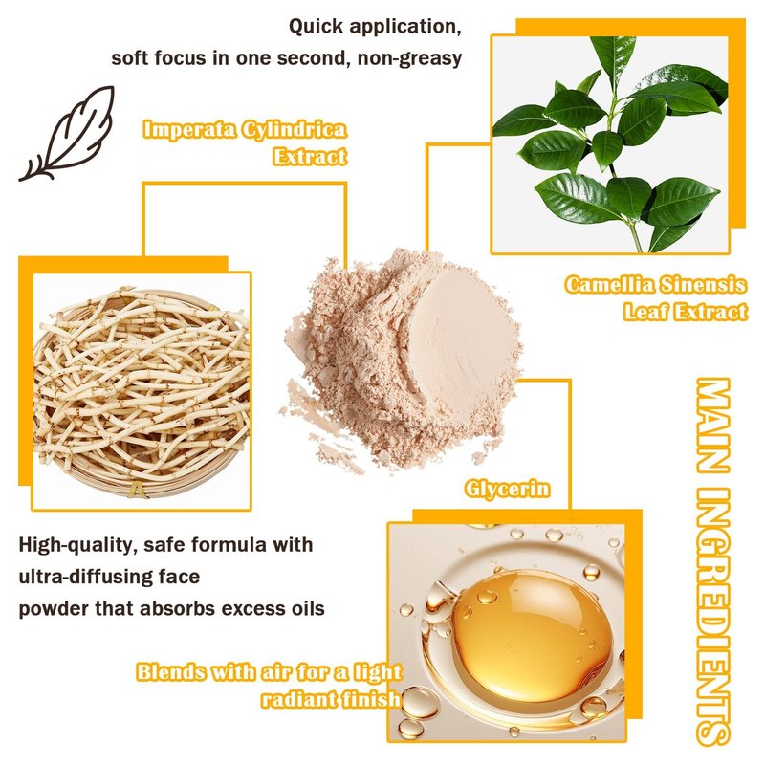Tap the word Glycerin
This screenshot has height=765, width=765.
pyautogui.click(x=507, y=489)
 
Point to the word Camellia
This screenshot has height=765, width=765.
pyautogui.click(x=608, y=284)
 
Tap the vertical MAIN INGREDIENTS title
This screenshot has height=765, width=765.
pyautogui.click(x=712, y=561)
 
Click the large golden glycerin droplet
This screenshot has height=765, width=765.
pyautogui.click(x=531, y=637)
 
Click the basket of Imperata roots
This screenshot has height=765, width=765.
pyautogui.click(x=142, y=391)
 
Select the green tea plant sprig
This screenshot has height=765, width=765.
pyautogui.click(x=611, y=144)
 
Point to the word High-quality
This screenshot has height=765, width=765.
pyautogui.click(x=76, y=545)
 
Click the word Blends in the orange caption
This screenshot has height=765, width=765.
pyautogui.click(x=171, y=672)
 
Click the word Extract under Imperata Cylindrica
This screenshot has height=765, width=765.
pyautogui.click(x=310, y=157)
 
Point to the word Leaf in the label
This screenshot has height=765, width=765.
pyautogui.click(x=645, y=312)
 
